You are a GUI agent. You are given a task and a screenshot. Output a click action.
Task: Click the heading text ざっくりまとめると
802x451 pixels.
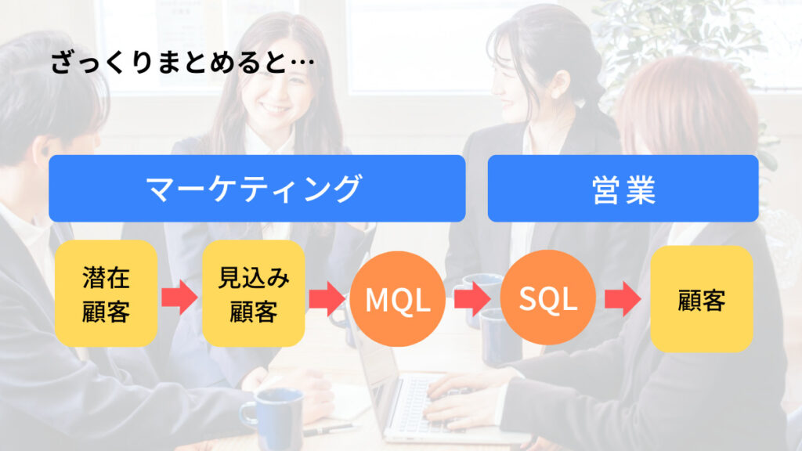[168, 63]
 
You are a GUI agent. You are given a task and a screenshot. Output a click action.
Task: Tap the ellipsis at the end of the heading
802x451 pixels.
[299, 63]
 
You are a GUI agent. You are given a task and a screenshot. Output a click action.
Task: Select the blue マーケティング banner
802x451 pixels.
[257, 189]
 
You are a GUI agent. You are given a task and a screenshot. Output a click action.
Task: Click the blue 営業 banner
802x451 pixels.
[623, 189]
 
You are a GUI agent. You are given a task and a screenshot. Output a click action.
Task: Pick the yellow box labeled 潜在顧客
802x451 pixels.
[106, 294]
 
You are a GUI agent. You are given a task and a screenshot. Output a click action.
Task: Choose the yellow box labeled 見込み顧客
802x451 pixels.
[253, 294]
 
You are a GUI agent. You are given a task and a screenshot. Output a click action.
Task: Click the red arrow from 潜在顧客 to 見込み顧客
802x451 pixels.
[179, 298]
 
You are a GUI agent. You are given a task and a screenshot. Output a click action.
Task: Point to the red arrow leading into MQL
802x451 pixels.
[327, 298]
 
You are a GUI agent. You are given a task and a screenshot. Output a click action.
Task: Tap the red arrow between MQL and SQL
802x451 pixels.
[472, 298]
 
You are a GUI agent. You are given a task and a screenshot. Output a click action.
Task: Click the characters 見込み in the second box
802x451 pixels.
[253, 279]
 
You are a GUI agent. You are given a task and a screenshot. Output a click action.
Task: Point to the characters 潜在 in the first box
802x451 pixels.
[106, 279]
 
